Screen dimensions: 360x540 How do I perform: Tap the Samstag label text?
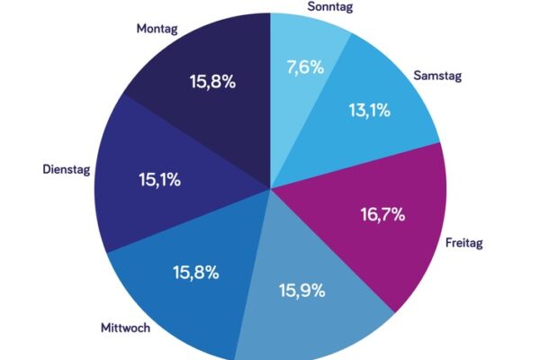tap(437, 76)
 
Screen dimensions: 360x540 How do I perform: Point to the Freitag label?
tap(465, 243)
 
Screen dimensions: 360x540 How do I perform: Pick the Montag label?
tap(157, 29)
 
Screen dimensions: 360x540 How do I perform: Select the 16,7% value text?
tap(381, 215)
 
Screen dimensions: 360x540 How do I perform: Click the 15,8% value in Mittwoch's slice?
tap(195, 272)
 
